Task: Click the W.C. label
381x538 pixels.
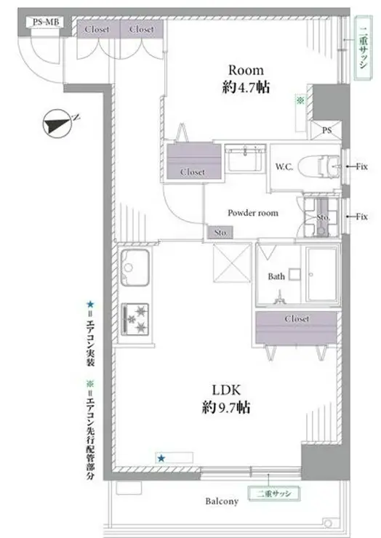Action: [x=284, y=166]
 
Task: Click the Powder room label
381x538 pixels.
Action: [x=253, y=213]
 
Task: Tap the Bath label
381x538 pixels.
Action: [x=276, y=277]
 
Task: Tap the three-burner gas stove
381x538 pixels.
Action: [x=137, y=317]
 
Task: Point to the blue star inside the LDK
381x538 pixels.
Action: [x=161, y=457]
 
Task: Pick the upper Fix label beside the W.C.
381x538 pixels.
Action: [x=361, y=166]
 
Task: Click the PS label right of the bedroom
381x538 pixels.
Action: [x=326, y=131]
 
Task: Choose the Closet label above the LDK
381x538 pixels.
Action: [x=297, y=318]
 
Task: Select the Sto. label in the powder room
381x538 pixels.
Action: [x=219, y=233]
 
